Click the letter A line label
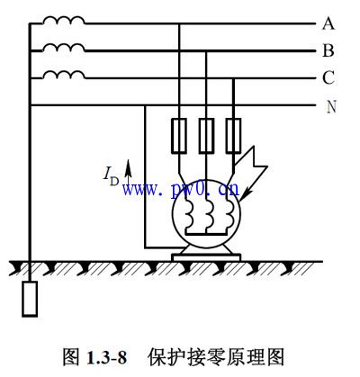(328, 23)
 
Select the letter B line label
(328, 50)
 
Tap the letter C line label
(328, 77)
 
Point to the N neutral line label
(331, 106)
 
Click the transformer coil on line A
(63, 20)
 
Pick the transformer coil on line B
(63, 48)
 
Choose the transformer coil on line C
(63, 75)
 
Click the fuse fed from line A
(179, 136)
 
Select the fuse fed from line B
(206, 136)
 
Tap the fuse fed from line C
(233, 136)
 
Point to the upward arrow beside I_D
(128, 172)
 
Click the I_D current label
(111, 177)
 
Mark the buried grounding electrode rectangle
(30, 299)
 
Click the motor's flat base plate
(206, 257)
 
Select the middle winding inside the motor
(209, 213)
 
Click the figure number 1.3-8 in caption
(106, 357)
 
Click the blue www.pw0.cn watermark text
(181, 189)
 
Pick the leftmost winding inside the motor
(189, 213)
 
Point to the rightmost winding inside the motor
(229, 213)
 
